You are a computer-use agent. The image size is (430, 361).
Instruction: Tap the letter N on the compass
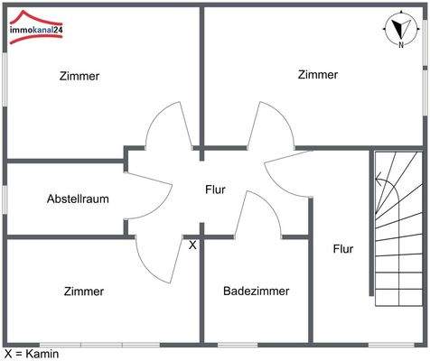(x=398, y=42)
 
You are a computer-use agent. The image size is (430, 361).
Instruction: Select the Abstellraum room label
(x=79, y=199)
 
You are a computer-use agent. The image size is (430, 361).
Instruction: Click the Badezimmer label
(x=257, y=291)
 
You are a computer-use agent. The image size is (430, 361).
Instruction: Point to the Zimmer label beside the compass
(x=318, y=75)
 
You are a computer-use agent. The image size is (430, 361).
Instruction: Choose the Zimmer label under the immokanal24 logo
(x=79, y=76)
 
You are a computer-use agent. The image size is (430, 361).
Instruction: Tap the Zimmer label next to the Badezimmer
(x=84, y=291)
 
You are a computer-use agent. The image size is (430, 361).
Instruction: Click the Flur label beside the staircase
(x=343, y=248)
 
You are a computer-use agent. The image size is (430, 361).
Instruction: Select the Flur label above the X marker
(x=215, y=190)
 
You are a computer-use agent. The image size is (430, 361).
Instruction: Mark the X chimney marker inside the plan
(x=192, y=244)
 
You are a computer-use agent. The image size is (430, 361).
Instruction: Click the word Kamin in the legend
(x=42, y=354)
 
